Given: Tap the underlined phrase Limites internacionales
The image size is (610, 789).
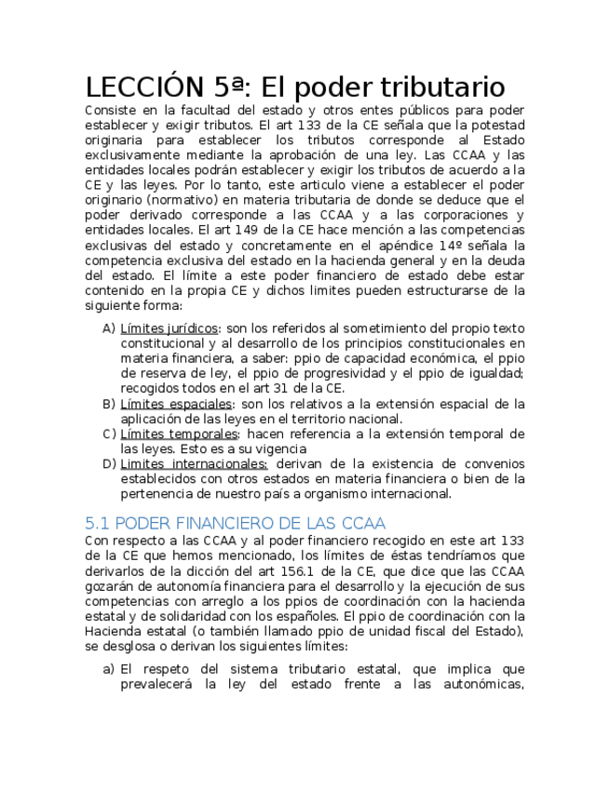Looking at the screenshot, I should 194,463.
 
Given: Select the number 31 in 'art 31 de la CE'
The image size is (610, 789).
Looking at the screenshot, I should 278,388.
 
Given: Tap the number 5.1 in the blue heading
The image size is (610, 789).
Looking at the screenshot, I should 97,523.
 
